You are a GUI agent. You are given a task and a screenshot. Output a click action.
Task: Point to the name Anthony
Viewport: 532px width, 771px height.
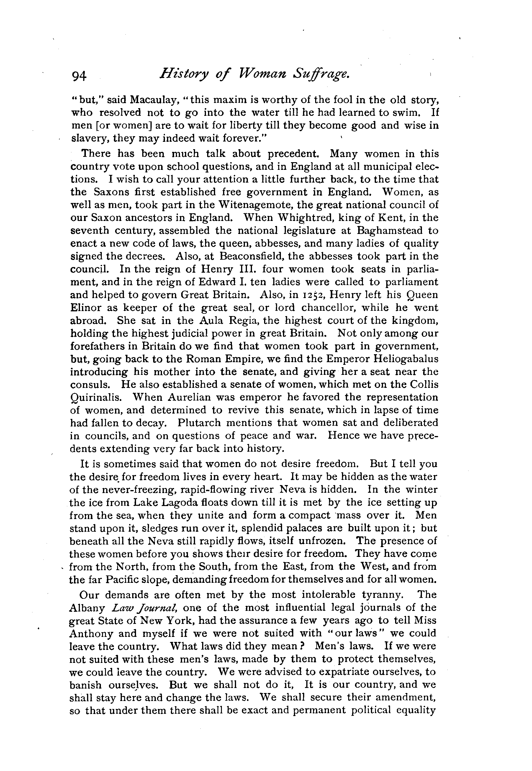click(x=91, y=634)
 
